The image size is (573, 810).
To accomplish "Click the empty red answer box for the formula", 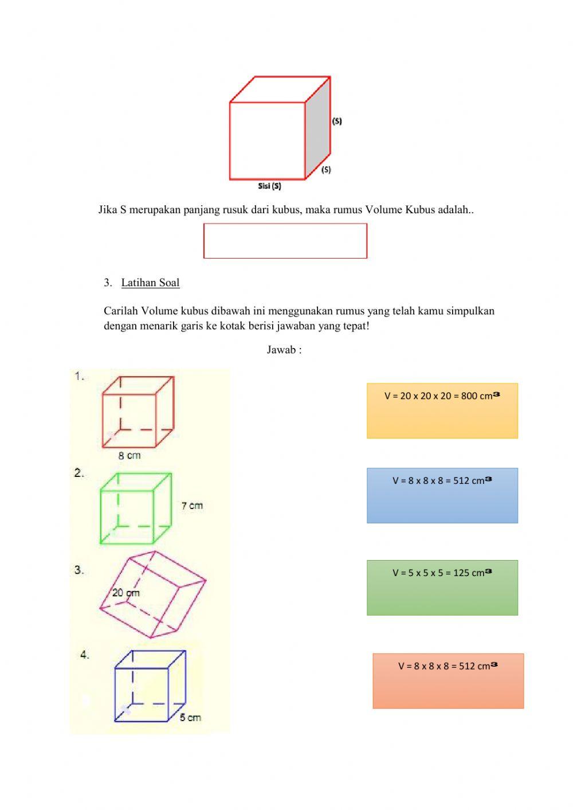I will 285,241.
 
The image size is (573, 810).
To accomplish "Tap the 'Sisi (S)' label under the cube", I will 269,186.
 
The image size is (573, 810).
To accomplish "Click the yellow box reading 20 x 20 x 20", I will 442,410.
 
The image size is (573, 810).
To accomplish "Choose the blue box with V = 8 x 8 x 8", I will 442,495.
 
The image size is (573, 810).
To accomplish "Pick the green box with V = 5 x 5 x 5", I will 442,588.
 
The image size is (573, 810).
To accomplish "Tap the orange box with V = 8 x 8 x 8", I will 448,680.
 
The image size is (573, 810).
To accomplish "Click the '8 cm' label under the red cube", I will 129,456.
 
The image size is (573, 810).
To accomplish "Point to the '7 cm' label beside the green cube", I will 192,506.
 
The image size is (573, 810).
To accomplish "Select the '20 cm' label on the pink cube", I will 125,593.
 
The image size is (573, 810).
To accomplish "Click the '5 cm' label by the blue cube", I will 190,717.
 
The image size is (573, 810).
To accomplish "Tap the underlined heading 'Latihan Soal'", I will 150,283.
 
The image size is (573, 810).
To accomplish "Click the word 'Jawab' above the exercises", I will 281,350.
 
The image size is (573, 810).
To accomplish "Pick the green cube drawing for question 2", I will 135,508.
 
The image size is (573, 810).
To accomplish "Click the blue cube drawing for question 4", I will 150,685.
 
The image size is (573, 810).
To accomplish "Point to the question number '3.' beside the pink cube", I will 79,570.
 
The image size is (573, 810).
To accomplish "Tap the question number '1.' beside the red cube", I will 80,376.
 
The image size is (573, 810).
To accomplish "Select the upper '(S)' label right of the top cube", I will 337,121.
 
